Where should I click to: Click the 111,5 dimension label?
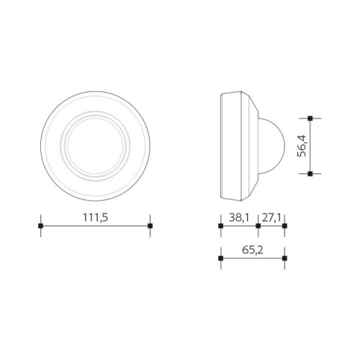click(x=95, y=217)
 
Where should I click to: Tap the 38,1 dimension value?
click(x=239, y=217)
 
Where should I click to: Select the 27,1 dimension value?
click(x=271, y=217)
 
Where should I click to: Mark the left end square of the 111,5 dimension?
click(x=40, y=226)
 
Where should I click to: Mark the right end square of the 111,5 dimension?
click(x=150, y=226)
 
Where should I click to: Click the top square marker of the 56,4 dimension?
click(x=310, y=117)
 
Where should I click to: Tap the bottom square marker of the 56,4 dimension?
click(x=310, y=174)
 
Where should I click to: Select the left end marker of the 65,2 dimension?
click(x=220, y=258)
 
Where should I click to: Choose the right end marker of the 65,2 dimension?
click(x=284, y=258)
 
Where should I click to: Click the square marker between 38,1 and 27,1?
click(x=258, y=226)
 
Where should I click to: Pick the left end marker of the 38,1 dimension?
click(x=220, y=226)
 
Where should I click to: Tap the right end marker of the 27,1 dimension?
click(x=284, y=226)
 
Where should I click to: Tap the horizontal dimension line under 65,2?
click(x=252, y=258)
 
